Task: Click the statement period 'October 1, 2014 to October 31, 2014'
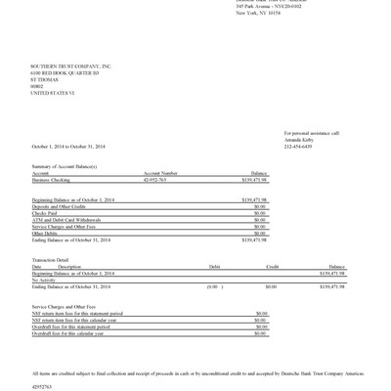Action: tap(68, 146)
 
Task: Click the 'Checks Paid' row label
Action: tap(45, 210)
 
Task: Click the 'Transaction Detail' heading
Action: tap(52, 259)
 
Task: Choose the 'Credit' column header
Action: tap(274, 266)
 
